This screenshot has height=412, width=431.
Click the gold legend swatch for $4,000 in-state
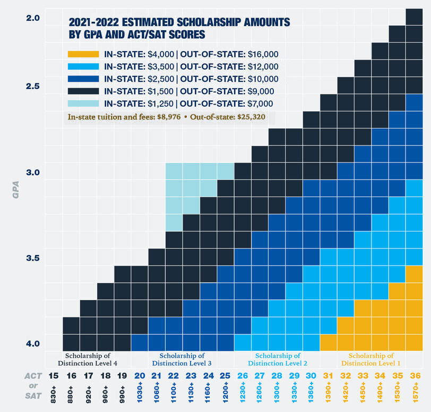tap(83, 54)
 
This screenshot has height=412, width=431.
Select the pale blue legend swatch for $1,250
tap(83, 104)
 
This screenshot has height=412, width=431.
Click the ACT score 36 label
tap(415, 376)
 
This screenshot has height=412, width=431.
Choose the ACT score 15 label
tap(54, 376)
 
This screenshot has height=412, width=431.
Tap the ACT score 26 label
tap(243, 376)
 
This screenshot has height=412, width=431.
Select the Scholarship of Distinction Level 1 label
tap(371, 359)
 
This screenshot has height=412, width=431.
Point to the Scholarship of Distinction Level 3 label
tap(182, 359)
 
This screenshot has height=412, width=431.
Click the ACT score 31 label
tap(329, 376)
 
